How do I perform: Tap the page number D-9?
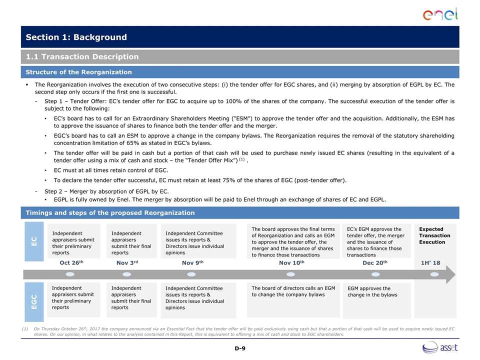240,348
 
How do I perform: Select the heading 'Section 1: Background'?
76,37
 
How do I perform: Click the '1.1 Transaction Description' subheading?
82,57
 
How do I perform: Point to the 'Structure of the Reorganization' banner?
79,72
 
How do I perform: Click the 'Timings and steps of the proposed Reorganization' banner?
110,213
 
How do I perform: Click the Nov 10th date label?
291,262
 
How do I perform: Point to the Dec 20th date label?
374,262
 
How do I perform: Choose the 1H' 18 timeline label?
430,262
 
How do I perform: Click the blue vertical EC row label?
33,242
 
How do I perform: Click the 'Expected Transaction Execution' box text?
434,235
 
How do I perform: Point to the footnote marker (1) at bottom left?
25,328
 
